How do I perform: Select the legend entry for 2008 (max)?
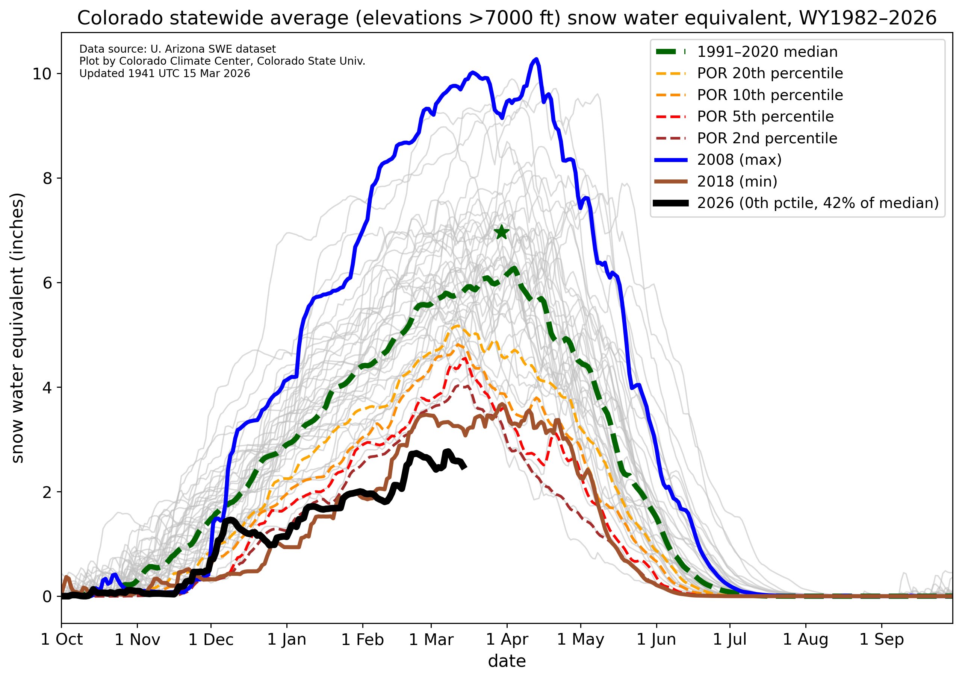tap(739, 160)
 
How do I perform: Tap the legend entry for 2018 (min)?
tap(737, 182)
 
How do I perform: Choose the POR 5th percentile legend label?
tap(765, 117)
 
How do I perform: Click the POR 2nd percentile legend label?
tap(767, 138)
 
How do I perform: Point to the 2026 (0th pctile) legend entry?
tap(817, 203)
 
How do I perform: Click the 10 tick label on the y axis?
tap(41, 74)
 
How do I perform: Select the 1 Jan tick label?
tap(287, 640)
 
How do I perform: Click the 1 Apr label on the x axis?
tap(507, 640)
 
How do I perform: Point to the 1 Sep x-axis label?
tap(882, 640)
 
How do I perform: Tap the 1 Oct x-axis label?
tap(62, 640)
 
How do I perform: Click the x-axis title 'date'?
tap(507, 662)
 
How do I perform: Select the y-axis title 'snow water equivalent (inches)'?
tap(17, 328)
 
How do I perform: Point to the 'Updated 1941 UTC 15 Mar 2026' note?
tap(165, 73)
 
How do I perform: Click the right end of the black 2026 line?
tap(465, 468)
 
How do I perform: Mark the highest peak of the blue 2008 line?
tap(536, 59)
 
